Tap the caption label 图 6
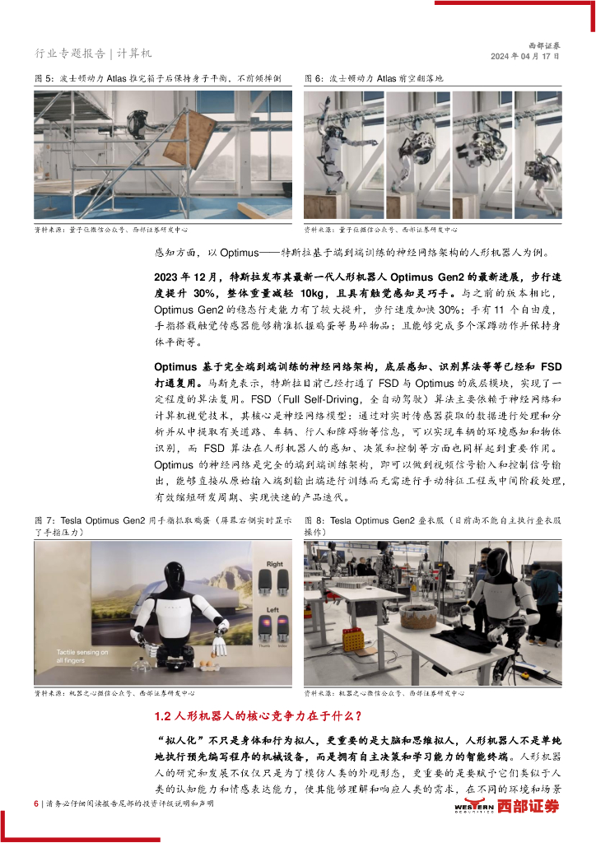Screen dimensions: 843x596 pos(314,78)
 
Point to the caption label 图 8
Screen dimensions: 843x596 pos(314,521)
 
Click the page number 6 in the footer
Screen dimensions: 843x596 pos(36,803)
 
